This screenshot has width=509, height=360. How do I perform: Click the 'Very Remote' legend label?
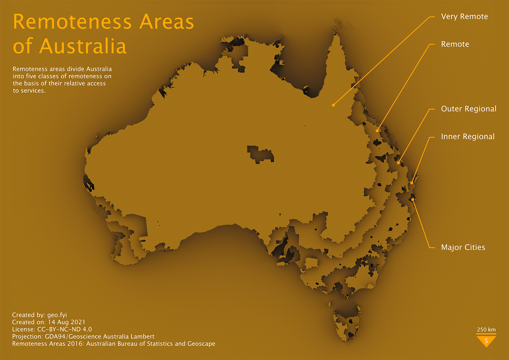pos(464,16)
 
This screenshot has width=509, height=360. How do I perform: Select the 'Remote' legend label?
pos(455,44)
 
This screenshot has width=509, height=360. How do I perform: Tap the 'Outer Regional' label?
pos(469,109)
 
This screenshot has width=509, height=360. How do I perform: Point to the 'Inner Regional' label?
pos(468,136)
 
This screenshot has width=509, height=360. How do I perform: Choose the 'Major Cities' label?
pos(463,247)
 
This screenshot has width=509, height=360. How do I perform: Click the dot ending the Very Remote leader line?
pos(333,105)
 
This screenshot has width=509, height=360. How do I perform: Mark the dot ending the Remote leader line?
pos(377,131)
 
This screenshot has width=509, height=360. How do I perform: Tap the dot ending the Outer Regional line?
pos(398,163)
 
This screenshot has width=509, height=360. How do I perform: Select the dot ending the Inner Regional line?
pos(412,183)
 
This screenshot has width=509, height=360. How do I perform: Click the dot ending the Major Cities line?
pos(413,200)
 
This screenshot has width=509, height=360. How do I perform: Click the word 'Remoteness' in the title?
pos(72,22)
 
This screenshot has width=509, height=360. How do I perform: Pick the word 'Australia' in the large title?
pos(83,46)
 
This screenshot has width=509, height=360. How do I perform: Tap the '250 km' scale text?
pos(486,330)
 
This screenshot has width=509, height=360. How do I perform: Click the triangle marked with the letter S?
pos(486,340)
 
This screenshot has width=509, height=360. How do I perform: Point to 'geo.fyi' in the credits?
pos(57,315)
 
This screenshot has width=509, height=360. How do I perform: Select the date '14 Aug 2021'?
pos(66,322)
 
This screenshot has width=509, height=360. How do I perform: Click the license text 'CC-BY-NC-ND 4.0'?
pos(64,329)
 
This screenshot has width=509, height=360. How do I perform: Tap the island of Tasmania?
pos(347,323)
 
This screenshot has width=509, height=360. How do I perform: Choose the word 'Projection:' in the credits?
pos(27,336)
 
